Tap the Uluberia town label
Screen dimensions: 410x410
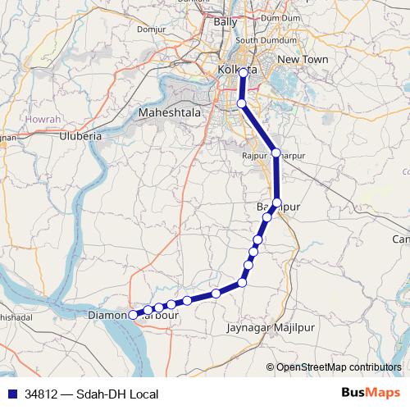pyautogui.click(x=80, y=136)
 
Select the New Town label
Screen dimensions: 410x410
pyautogui.click(x=303, y=60)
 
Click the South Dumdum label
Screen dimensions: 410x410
pyautogui.click(x=259, y=40)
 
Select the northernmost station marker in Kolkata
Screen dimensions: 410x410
pyautogui.click(x=243, y=73)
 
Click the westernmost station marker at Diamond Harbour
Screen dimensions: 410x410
pyautogui.click(x=133, y=313)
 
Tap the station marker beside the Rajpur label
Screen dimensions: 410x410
pyautogui.click(x=276, y=153)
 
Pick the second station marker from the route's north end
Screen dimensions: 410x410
pyautogui.click(x=241, y=103)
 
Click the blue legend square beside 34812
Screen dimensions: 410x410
pyautogui.click(x=9, y=394)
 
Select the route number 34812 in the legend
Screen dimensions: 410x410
pyautogui.click(x=42, y=394)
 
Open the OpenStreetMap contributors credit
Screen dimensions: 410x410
pyautogui.click(x=339, y=367)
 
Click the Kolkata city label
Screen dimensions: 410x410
pyautogui.click(x=238, y=71)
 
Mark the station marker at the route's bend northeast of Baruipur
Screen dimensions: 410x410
pyautogui.click(x=277, y=203)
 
